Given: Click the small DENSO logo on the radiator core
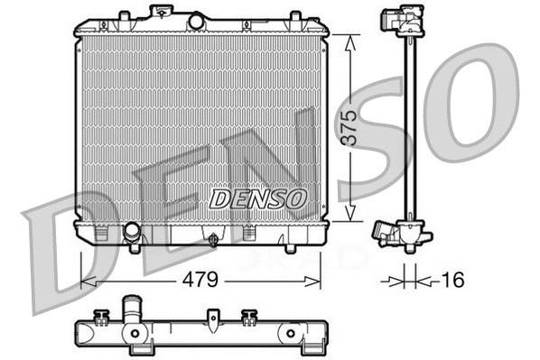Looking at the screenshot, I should [258, 198].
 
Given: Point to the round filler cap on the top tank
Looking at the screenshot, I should [196, 19].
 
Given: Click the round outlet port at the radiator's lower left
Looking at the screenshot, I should [132, 232].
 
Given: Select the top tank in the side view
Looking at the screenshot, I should [402, 21].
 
